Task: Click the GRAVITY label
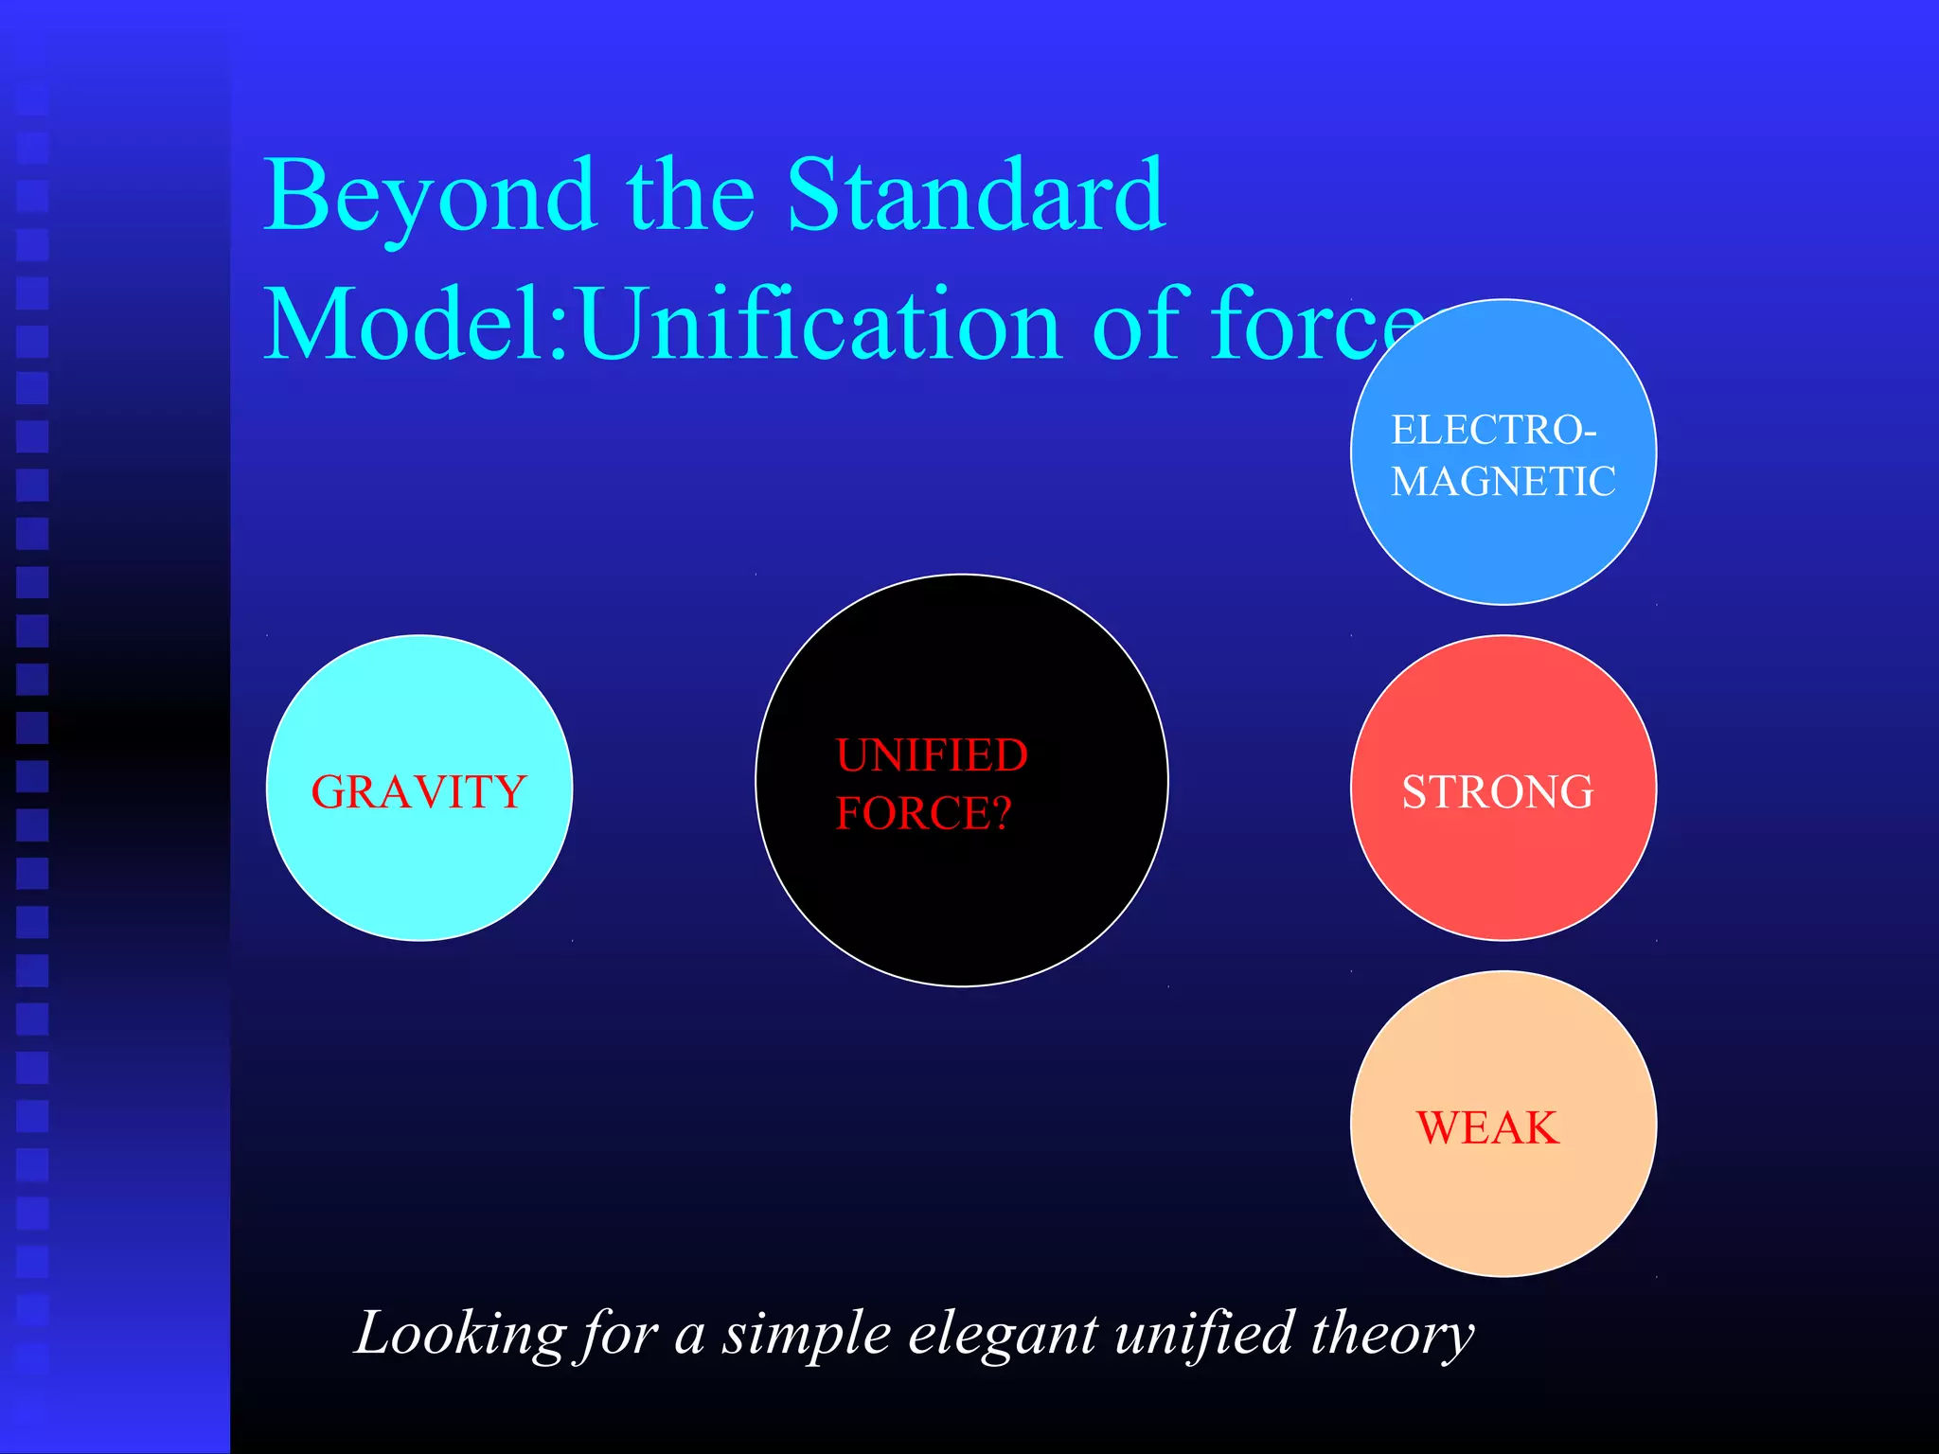tap(418, 791)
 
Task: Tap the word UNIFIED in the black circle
tap(932, 755)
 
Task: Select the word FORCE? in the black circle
tap(923, 813)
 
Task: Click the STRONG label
tap(1498, 791)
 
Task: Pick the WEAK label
tap(1487, 1127)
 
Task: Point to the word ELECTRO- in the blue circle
tap(1493, 431)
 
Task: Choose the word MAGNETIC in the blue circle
tap(1503, 482)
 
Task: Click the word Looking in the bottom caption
tap(460, 1335)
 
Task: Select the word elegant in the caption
tap(1003, 1335)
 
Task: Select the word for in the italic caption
tap(619, 1335)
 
